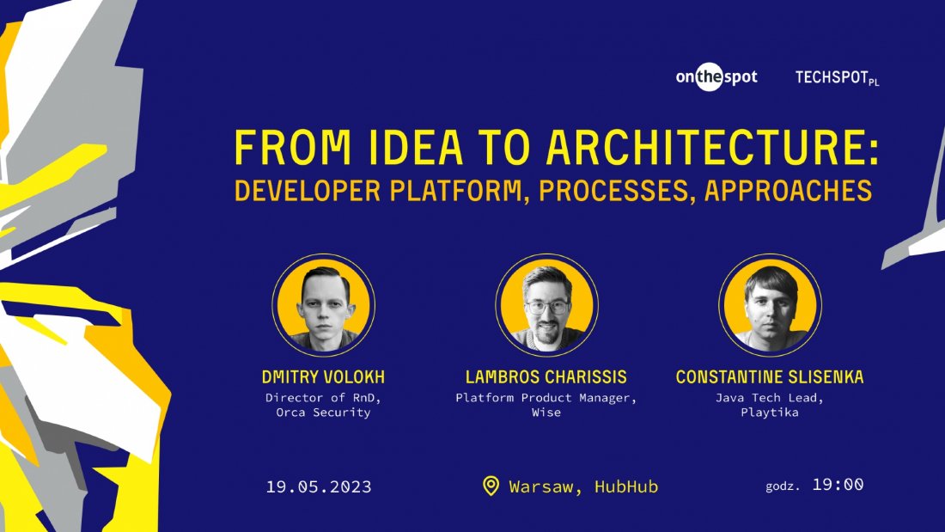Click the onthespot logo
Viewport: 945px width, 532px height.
tap(716, 77)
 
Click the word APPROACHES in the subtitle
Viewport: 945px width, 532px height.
tap(788, 191)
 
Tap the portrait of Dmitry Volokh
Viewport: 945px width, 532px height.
tap(324, 304)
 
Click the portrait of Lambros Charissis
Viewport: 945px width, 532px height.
tap(546, 304)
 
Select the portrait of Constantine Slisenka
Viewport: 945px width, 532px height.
tap(770, 304)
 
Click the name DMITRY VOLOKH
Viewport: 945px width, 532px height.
tap(323, 377)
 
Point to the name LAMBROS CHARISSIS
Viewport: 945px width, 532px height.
tap(546, 377)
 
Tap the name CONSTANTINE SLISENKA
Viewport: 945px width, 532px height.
tap(770, 377)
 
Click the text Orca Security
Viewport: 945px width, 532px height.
tap(323, 413)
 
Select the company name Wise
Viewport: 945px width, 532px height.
tap(546, 413)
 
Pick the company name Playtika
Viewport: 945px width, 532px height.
tap(770, 413)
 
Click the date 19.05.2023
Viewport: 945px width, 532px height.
tap(319, 487)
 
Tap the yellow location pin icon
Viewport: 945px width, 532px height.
tap(491, 486)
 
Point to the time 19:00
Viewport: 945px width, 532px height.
tap(838, 485)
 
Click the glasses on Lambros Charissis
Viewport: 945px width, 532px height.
tap(547, 306)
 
